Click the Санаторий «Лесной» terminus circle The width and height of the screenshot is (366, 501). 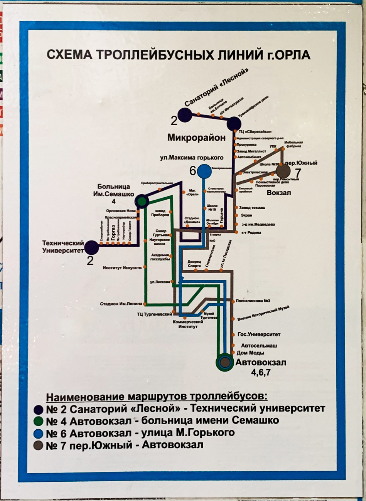[x=184, y=114]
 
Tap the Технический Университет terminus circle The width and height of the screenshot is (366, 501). [x=92, y=247]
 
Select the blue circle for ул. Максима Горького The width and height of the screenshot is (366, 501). [x=203, y=171]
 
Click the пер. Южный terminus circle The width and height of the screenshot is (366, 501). [x=283, y=170]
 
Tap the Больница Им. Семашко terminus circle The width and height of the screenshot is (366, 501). [x=142, y=200]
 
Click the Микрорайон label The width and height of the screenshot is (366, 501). [x=196, y=138]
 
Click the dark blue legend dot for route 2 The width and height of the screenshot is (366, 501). [x=38, y=409]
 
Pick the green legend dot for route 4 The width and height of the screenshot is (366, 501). [x=38, y=421]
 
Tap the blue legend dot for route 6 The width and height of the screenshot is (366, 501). [x=38, y=433]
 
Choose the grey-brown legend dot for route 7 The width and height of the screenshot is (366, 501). [x=38, y=446]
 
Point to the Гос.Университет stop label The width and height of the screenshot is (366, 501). [x=260, y=334]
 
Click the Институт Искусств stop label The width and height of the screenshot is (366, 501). [x=122, y=267]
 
